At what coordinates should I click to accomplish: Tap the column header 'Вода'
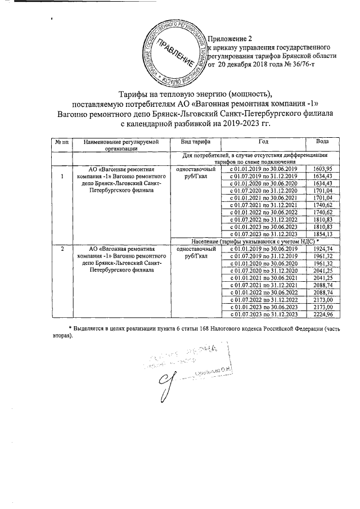point(322,141)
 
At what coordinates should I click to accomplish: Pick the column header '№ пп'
point(62,141)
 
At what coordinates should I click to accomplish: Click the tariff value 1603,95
point(322,169)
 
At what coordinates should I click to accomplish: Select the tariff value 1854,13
point(322,233)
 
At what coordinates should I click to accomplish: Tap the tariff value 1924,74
point(322,248)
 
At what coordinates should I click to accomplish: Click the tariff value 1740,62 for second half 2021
point(322,205)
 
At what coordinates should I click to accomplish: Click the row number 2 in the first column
point(62,249)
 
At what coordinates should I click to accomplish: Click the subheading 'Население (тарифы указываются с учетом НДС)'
point(250,241)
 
